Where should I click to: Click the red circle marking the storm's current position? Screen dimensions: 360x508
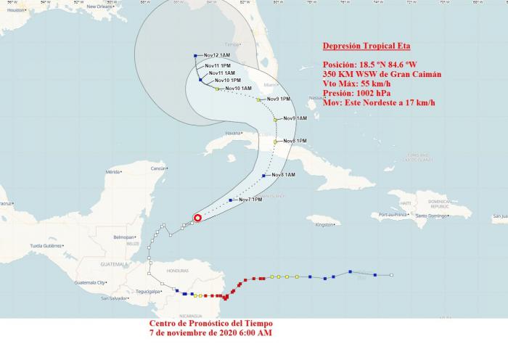197,217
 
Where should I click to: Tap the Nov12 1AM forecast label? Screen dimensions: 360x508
217,55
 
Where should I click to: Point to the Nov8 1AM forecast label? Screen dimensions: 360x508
283,175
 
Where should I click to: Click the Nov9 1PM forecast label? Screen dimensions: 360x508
279,99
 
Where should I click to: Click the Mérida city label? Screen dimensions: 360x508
112,172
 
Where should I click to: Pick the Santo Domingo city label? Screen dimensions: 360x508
433,216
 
